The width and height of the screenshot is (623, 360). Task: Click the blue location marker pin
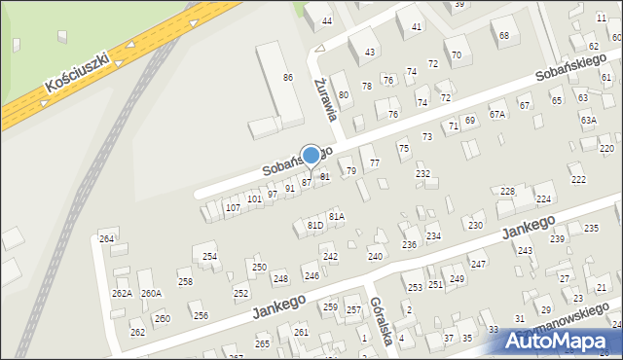click(311, 156)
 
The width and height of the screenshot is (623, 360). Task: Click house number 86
click(288, 77)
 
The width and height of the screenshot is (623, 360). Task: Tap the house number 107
click(233, 207)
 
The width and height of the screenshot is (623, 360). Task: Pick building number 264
click(107, 238)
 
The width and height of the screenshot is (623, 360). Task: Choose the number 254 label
click(209, 256)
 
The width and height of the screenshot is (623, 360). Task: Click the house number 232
click(423, 173)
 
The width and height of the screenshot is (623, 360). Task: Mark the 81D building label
click(315, 226)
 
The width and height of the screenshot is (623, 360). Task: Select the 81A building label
click(337, 216)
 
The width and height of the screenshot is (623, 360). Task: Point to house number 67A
click(498, 115)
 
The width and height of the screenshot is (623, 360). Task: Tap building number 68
click(504, 36)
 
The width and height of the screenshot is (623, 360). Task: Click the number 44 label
click(327, 20)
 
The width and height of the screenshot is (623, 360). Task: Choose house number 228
click(507, 192)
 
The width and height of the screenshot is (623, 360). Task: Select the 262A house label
click(122, 293)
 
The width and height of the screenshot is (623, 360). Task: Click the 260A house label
click(151, 293)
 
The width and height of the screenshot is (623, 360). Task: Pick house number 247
click(478, 264)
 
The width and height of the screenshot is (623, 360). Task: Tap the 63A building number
click(588, 120)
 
